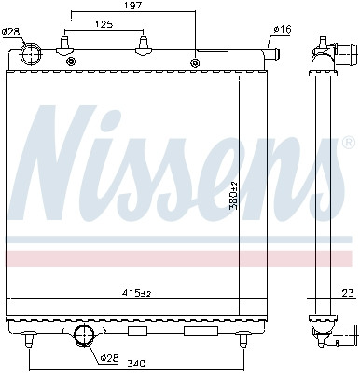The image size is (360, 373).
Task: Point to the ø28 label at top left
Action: pyautogui.click(x=10, y=32)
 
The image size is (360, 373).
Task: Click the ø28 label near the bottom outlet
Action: pyautogui.click(x=109, y=357)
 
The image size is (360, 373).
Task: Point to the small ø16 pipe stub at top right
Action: pyautogui.click(x=274, y=55)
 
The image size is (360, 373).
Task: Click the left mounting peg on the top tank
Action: pyautogui.click(x=64, y=47)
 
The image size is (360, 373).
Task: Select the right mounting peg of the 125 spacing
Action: pyautogui.click(x=143, y=47)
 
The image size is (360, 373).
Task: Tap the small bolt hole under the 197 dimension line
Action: pyautogui.click(x=194, y=63)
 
